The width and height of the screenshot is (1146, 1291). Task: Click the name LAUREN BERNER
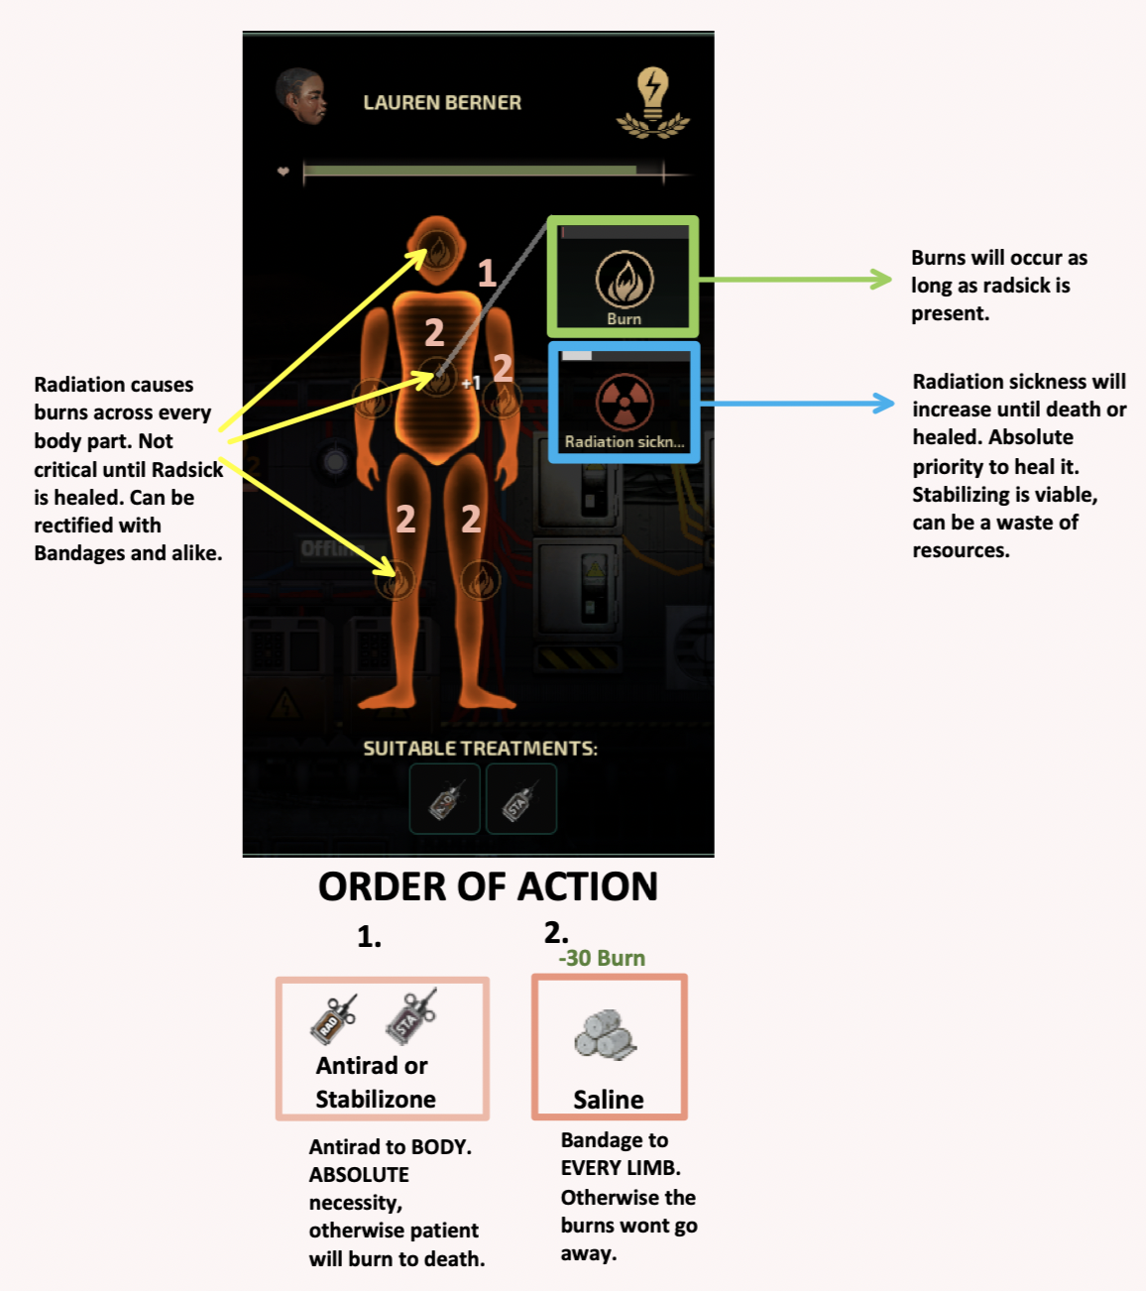click(442, 102)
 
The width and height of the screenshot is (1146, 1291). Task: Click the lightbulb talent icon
click(653, 102)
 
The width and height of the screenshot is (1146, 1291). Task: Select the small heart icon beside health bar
click(284, 171)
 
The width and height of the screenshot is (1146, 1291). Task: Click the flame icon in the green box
click(625, 279)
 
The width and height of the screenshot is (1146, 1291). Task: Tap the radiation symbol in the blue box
click(625, 403)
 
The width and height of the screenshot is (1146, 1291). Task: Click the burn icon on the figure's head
click(437, 249)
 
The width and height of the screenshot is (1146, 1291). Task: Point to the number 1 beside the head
click(487, 274)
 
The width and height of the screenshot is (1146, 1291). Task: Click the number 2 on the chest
click(434, 332)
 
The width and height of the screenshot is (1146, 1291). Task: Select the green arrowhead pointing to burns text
click(881, 279)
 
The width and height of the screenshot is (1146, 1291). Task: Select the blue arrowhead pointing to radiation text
click(883, 403)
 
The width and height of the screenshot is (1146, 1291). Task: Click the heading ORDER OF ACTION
click(488, 886)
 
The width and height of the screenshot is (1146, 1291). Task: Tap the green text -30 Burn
click(602, 958)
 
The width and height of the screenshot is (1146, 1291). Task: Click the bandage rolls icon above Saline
click(605, 1035)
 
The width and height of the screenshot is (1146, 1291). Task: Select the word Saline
click(609, 1100)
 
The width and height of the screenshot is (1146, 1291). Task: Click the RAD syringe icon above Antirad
click(333, 1019)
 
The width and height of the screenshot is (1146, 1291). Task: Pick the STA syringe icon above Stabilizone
click(411, 1016)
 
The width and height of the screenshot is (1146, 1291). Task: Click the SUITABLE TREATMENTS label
click(481, 748)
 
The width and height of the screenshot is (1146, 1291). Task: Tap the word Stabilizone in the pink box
click(376, 1100)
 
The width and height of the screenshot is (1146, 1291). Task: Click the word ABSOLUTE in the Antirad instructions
click(359, 1174)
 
